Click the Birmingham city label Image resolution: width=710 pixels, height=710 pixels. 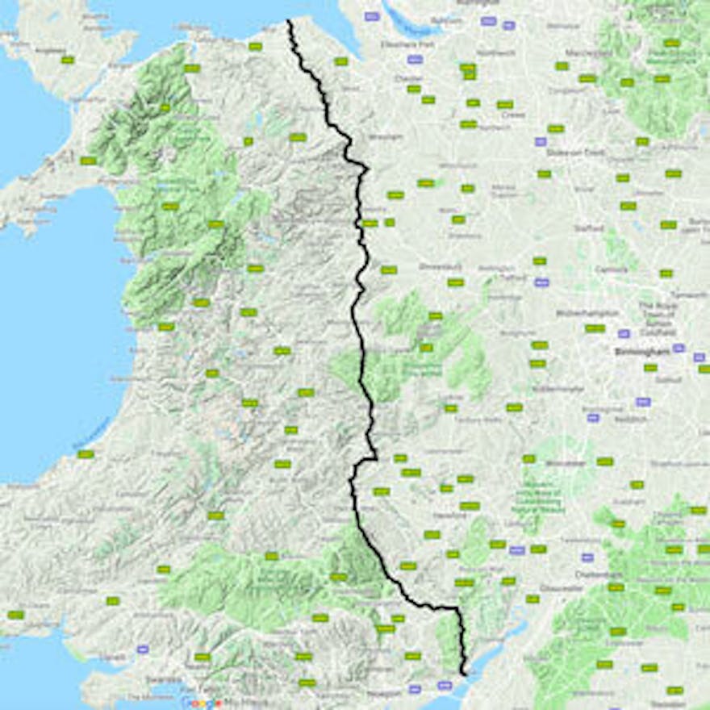click(637, 352)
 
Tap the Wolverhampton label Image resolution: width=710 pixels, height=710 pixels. click(587, 312)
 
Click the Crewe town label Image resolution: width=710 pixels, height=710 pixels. click(513, 115)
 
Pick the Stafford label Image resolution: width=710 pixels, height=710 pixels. click(589, 228)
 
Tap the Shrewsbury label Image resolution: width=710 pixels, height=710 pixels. click(438, 265)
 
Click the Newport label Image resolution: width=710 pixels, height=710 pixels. click(385, 692)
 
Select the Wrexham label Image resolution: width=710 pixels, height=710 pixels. click(384, 136)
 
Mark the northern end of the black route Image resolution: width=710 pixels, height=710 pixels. click(289, 22)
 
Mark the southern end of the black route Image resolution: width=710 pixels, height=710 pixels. click(464, 672)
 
